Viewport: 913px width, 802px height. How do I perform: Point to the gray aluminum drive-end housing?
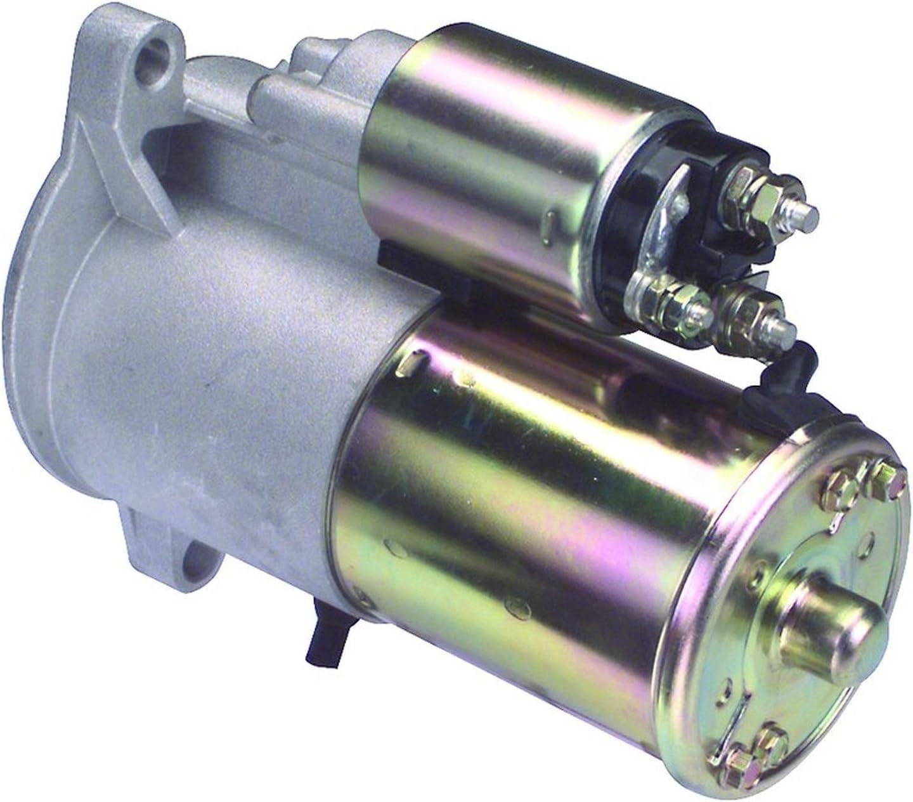[x=209, y=355]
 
